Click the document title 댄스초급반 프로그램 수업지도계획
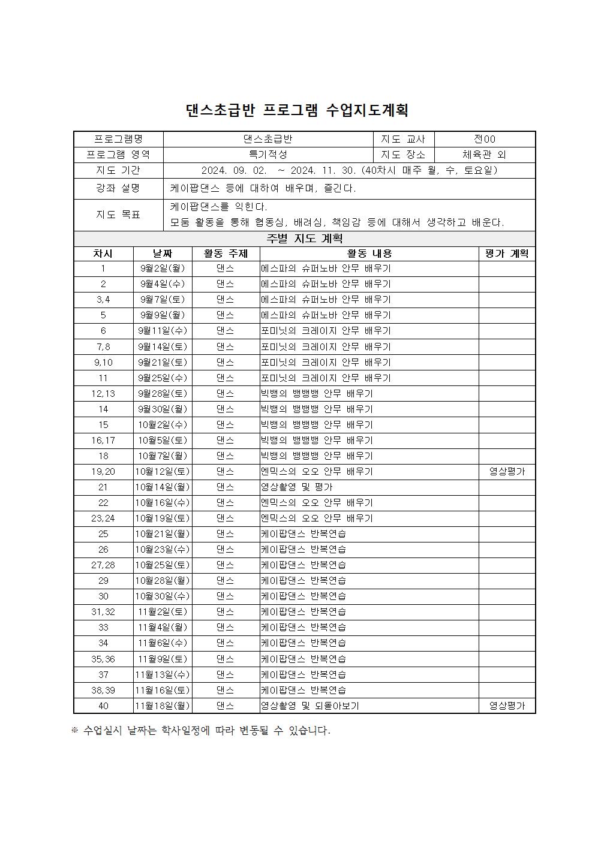click(x=297, y=110)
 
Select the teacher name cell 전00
click(x=484, y=139)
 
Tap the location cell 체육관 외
click(x=484, y=155)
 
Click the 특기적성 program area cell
click(x=268, y=155)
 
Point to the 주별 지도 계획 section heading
click(x=304, y=239)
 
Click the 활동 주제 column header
click(x=226, y=254)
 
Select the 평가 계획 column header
click(x=507, y=254)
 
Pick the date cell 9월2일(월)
click(x=163, y=269)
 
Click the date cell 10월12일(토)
click(x=163, y=472)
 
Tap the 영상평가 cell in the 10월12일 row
click(x=507, y=472)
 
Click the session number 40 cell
click(x=103, y=706)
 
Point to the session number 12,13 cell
click(x=103, y=394)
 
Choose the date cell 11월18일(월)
click(x=163, y=706)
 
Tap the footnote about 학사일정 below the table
click(x=201, y=731)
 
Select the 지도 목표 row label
click(x=118, y=215)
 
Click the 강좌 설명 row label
click(x=118, y=188)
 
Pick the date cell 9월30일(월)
click(x=163, y=409)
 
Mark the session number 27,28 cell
click(x=103, y=565)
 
